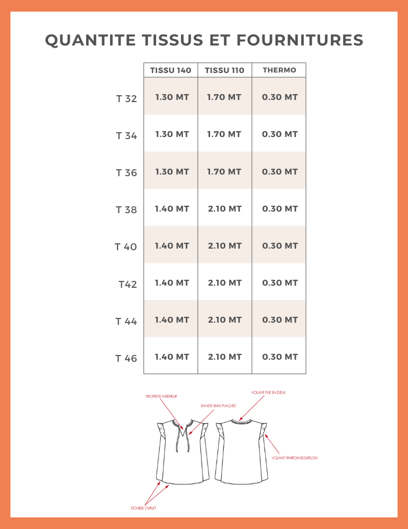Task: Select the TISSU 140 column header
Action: (x=170, y=70)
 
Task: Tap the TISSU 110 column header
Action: (x=224, y=70)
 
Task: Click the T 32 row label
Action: (x=126, y=98)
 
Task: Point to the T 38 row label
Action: (x=126, y=210)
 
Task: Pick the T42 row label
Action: (x=128, y=285)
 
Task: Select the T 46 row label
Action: (x=126, y=359)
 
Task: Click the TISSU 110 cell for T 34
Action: (x=224, y=134)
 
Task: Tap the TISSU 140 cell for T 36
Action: (x=172, y=171)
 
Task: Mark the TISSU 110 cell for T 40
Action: (x=225, y=245)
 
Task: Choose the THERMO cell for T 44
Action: (x=280, y=320)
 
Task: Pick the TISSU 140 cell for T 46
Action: (x=172, y=357)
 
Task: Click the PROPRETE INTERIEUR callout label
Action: (x=161, y=396)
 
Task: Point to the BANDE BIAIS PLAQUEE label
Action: (x=218, y=406)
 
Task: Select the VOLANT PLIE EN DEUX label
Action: (x=268, y=393)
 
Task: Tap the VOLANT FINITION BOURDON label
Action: (x=295, y=458)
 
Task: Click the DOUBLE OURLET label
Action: (x=143, y=508)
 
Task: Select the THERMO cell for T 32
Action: (x=280, y=97)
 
